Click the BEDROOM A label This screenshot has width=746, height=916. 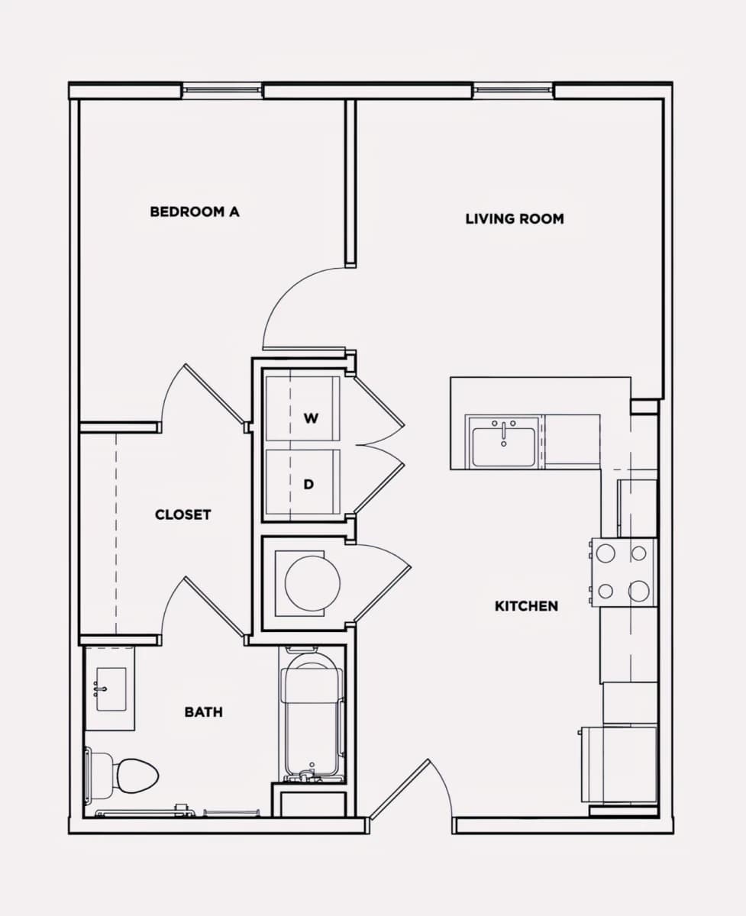[x=195, y=211]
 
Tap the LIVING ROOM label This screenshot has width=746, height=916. [x=515, y=219]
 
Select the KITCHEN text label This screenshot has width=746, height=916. [x=526, y=606]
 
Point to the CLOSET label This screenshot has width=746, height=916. [x=182, y=514]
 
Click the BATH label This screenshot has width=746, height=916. [x=204, y=712]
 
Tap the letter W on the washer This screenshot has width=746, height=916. [x=311, y=418]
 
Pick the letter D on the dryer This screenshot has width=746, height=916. [x=308, y=485]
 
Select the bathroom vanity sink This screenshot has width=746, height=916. [x=111, y=689]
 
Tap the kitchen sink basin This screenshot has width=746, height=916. [x=503, y=447]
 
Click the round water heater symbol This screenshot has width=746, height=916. [x=312, y=583]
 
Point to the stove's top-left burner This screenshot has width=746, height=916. [x=606, y=553]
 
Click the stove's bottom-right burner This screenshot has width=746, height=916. [x=639, y=591]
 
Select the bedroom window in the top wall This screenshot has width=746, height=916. [x=222, y=90]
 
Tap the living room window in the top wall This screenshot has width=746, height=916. [x=513, y=90]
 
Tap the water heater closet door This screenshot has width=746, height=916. [x=381, y=595]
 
